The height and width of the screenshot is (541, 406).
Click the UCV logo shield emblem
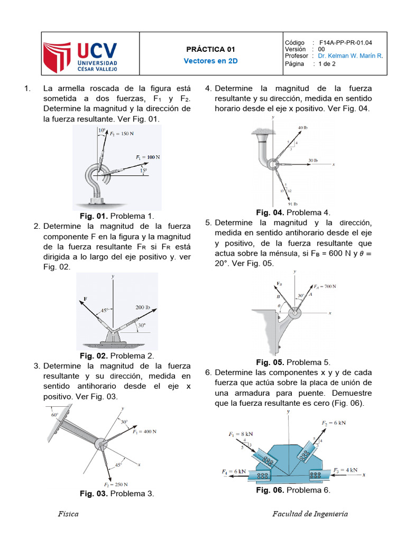click(57, 57)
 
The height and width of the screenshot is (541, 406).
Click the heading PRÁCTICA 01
click(210, 49)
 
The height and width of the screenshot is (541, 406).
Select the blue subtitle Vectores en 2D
click(210, 61)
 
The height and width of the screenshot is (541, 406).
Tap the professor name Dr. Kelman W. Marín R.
click(350, 56)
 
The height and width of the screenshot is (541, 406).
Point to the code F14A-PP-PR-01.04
click(346, 43)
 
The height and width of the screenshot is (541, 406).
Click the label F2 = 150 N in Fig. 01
click(122, 134)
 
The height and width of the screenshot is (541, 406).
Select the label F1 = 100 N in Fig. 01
click(148, 157)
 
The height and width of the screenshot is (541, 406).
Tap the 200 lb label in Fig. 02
click(143, 307)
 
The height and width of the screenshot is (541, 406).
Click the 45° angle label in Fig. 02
click(105, 311)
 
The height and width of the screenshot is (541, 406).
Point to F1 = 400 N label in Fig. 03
click(145, 432)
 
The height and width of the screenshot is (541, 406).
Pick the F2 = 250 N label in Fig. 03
click(116, 484)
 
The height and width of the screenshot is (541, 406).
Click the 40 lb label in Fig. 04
click(303, 128)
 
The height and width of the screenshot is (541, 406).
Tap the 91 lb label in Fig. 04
click(293, 204)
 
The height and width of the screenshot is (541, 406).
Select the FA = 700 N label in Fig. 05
click(325, 286)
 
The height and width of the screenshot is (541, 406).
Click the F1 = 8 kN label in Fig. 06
click(241, 434)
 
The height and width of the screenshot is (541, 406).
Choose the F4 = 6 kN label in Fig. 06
click(234, 472)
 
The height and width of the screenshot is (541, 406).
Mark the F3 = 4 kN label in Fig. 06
click(346, 470)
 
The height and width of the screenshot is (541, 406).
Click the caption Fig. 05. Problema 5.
click(293, 362)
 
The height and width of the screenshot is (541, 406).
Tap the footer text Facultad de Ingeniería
click(310, 514)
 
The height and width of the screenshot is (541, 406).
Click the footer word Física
click(68, 514)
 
